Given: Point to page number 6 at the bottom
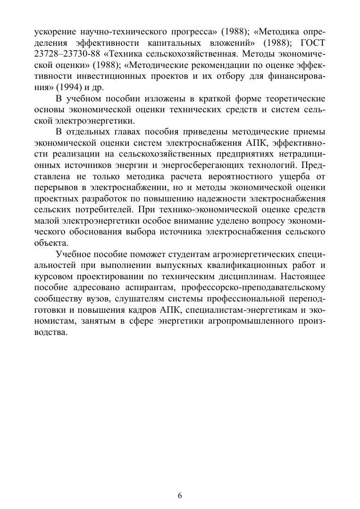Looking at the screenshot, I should [180, 495].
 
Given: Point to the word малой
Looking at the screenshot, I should [46, 220].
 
